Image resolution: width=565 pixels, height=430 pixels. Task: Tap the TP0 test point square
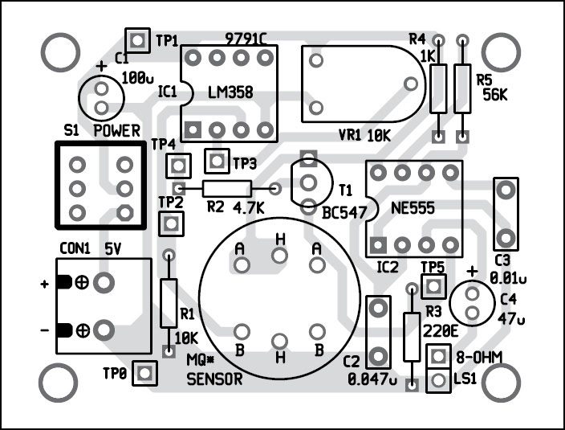coord(144,371)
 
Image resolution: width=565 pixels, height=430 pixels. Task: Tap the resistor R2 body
coord(226,189)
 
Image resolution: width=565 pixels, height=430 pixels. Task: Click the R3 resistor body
coord(412,337)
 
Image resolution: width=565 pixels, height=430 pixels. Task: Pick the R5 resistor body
coord(462,88)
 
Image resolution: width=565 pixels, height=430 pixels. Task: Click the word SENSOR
coord(213,380)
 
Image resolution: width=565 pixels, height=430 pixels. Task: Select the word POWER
coord(117,131)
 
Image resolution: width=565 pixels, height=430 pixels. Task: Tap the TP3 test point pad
coord(216,162)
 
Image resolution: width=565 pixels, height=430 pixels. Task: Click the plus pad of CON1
coord(103,282)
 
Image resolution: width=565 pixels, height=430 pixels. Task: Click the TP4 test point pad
coord(178,166)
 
